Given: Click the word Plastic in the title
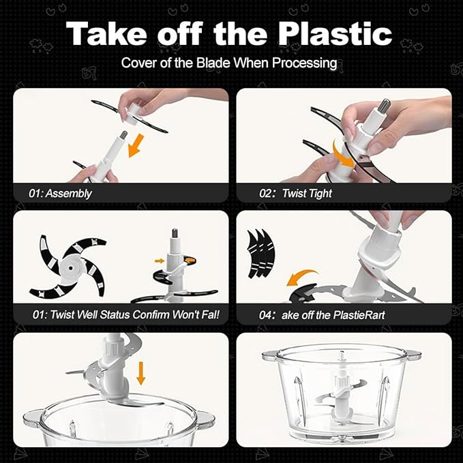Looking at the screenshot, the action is click(x=335, y=34).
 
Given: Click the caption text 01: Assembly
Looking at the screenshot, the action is click(x=60, y=194).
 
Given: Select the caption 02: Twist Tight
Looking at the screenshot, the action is click(x=295, y=194).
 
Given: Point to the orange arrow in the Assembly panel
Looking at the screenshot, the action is click(x=136, y=145).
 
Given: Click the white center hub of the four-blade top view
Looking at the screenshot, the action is click(x=71, y=268).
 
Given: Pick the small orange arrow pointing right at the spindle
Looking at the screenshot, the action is click(x=160, y=260).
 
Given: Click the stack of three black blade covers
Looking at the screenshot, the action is click(x=261, y=254).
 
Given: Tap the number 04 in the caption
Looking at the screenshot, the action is click(x=265, y=315).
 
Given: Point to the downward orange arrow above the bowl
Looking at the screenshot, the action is click(x=141, y=373).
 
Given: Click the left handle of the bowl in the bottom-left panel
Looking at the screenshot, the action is click(x=33, y=417).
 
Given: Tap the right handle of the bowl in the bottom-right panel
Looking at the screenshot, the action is click(x=412, y=354).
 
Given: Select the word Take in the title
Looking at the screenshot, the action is click(x=106, y=34).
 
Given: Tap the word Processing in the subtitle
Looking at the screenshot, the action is click(x=304, y=63).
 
